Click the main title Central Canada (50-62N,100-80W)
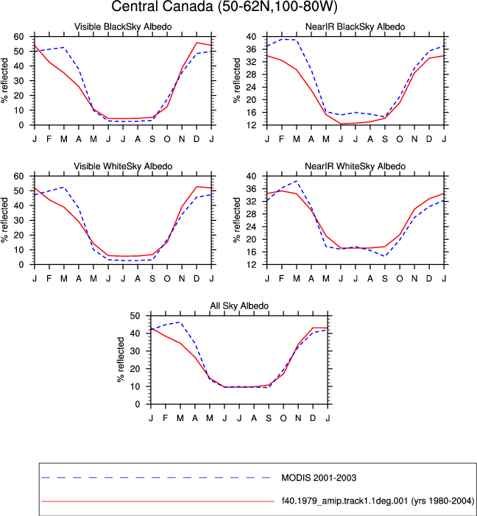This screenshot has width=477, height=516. (x=225, y=7)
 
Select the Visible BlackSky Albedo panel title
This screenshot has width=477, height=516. (x=123, y=26)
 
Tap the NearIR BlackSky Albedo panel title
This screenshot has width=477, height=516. (x=356, y=26)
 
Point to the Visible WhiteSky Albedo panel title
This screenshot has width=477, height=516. (x=123, y=166)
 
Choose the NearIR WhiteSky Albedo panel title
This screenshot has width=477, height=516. (x=356, y=166)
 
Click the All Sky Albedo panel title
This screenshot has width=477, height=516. (x=239, y=305)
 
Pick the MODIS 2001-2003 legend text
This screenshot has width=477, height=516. (x=319, y=478)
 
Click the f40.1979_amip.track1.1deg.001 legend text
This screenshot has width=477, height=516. (x=378, y=501)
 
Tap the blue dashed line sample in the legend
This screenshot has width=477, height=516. (x=156, y=478)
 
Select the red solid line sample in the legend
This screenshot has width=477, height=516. (x=158, y=501)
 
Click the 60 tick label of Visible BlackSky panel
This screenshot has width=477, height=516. (x=18, y=37)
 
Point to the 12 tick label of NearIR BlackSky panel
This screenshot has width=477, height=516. (x=251, y=125)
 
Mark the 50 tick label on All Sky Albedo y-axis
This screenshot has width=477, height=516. (x=135, y=316)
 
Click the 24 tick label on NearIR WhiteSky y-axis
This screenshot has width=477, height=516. (x=251, y=227)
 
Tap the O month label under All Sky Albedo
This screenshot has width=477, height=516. (x=283, y=418)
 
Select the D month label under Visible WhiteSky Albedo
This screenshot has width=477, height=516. (x=197, y=279)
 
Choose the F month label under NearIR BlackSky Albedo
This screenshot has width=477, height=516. (x=281, y=139)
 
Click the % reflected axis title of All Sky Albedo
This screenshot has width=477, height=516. (x=121, y=359)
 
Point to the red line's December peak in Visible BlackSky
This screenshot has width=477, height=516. (x=197, y=43)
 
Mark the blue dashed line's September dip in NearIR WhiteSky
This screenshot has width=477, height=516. (x=385, y=256)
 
